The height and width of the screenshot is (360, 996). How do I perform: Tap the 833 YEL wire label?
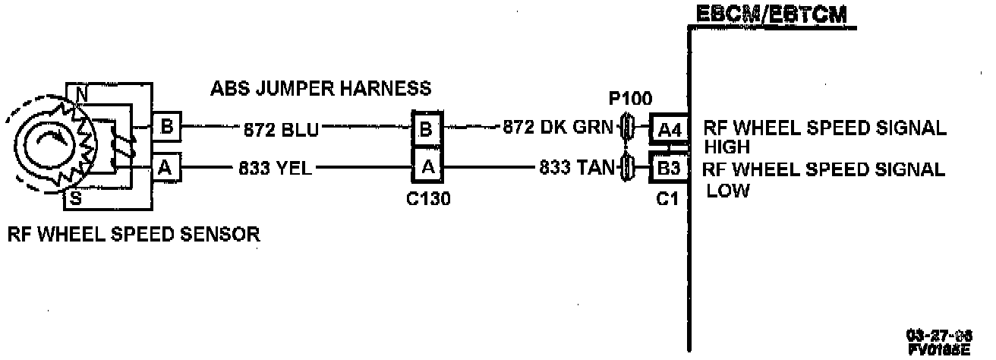tap(276, 169)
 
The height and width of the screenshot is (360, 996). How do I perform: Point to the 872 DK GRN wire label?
tap(557, 128)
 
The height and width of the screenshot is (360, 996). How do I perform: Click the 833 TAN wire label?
tap(576, 168)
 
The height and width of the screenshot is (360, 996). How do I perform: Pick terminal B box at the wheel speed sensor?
tap(166, 127)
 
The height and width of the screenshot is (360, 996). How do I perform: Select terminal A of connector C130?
tap(427, 167)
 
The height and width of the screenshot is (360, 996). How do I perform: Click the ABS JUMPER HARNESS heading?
tap(321, 89)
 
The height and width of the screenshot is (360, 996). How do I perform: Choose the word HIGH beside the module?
tap(727, 147)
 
